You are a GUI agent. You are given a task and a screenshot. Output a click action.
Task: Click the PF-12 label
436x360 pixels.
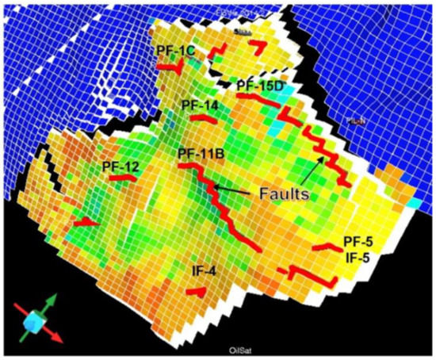120,167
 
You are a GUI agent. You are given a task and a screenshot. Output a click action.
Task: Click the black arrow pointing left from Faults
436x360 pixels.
235,190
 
